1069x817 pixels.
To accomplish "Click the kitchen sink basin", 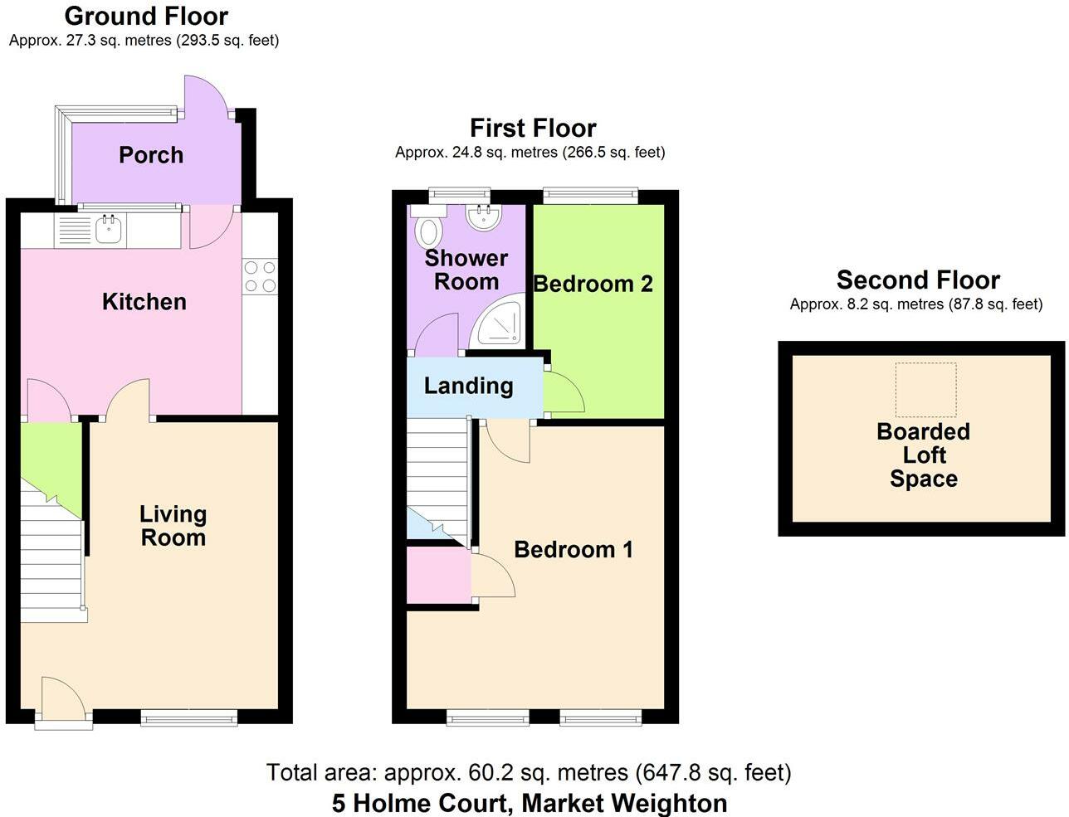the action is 108,229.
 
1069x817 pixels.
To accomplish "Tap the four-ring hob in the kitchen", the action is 260,276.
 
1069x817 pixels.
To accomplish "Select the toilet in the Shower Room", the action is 428,225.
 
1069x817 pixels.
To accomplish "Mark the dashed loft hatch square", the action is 925,390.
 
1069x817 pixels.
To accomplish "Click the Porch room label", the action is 151,155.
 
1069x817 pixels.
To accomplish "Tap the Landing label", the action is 468,387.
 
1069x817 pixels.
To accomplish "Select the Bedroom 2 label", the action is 593,284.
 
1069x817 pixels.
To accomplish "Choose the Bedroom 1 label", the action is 574,550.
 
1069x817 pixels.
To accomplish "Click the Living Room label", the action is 173,526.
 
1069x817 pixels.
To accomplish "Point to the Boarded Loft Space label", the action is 924,455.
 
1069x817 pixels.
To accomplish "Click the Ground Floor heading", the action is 146,16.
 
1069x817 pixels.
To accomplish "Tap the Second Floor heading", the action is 918,280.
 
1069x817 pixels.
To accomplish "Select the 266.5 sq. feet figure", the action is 613,153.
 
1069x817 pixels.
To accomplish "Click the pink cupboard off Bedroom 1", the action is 438,575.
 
